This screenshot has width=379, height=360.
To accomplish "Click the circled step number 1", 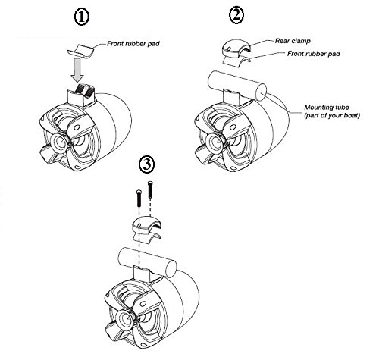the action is pyautogui.click(x=81, y=17).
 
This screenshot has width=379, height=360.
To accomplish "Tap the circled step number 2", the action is pyautogui.click(x=236, y=16).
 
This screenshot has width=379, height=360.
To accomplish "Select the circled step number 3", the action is pyautogui.click(x=147, y=164).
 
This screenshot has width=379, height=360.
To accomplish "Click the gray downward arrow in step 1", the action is pyautogui.click(x=77, y=70).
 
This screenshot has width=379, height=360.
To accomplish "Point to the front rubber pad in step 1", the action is pyautogui.click(x=80, y=52).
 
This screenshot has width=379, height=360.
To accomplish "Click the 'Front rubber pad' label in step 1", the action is pyautogui.click(x=133, y=44).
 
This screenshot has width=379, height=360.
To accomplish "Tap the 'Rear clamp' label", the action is pyautogui.click(x=293, y=41).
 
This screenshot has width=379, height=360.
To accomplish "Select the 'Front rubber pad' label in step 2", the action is pyautogui.click(x=314, y=54).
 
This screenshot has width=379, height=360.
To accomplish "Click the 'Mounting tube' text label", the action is pyautogui.click(x=327, y=107).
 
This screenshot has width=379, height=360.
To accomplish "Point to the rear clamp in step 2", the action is pyautogui.click(x=236, y=48).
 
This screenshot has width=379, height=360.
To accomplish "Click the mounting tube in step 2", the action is pyautogui.click(x=236, y=86).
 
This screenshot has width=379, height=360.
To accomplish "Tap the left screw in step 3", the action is pyautogui.click(x=139, y=198).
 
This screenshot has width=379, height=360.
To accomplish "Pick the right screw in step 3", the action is pyautogui.click(x=150, y=190).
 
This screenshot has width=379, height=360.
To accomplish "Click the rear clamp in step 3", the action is pyautogui.click(x=146, y=225).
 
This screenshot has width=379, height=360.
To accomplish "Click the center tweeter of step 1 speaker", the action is pyautogui.click(x=60, y=142).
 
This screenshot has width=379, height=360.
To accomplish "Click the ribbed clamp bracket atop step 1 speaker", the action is pyautogui.click(x=80, y=95).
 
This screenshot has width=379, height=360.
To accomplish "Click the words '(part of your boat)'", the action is pyautogui.click(x=332, y=115).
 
